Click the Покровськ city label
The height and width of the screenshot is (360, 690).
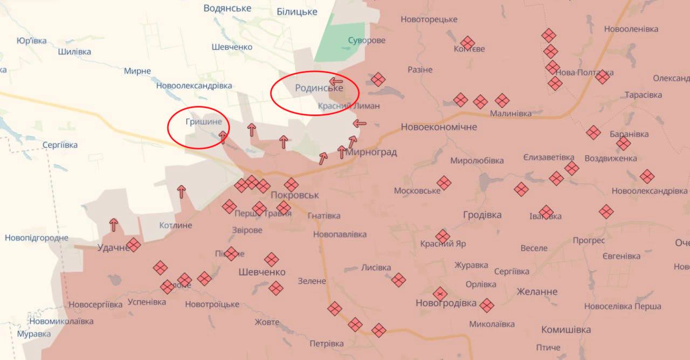tap(295, 195)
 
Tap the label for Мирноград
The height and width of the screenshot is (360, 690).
tap(371, 152)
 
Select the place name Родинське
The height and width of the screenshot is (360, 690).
tap(319, 88)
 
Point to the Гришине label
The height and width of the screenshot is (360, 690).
tap(203, 122)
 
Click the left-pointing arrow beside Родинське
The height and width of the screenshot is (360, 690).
tap(336, 82)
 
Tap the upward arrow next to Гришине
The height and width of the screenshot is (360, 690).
tap(223, 137)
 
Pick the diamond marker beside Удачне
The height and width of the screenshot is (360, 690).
tap(133, 245)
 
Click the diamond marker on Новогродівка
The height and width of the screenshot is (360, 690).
tap(440, 294)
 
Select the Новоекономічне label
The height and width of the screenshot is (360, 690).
tap(439, 127)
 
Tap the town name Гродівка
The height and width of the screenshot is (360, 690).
tap(482, 214)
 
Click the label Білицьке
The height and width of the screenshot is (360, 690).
tap(296, 11)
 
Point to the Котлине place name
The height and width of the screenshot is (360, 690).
tap(176, 225)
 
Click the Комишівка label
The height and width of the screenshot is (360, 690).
tap(566, 329)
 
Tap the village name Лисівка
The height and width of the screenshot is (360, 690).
tap(376, 267)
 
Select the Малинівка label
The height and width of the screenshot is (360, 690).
tap(510, 113)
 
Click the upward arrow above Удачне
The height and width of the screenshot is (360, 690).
tap(114, 225)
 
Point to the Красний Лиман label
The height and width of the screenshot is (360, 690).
tap(349, 106)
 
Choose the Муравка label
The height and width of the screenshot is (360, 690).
tap(33, 334)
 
